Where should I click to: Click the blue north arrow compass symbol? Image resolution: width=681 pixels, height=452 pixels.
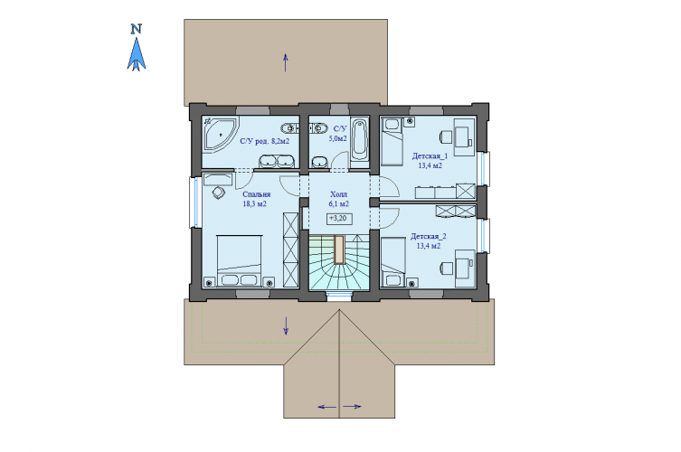click(x=137, y=54)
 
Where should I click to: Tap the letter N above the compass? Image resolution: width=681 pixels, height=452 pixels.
click(x=137, y=29)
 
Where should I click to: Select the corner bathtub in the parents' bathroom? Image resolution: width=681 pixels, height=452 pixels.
click(x=221, y=134)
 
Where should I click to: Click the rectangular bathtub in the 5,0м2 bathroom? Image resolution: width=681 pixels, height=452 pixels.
click(x=360, y=139)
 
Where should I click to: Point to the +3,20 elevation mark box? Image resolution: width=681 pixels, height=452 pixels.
click(x=339, y=219)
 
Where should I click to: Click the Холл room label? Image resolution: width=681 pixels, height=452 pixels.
click(x=339, y=194)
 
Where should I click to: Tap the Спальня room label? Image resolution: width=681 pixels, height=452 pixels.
click(x=256, y=194)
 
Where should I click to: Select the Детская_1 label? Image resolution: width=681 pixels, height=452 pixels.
click(x=430, y=155)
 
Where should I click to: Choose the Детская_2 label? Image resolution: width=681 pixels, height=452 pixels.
click(x=429, y=236)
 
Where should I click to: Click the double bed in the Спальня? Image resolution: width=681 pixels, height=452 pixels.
click(x=240, y=261)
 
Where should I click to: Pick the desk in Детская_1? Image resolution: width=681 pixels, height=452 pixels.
click(x=464, y=137)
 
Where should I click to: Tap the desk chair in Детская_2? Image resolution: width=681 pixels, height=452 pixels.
click(x=446, y=268)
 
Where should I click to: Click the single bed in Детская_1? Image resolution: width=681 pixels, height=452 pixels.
click(x=393, y=142)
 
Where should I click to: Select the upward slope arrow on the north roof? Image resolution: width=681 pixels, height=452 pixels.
click(x=286, y=62)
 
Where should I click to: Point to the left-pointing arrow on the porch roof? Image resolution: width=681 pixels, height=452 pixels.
click(x=327, y=407)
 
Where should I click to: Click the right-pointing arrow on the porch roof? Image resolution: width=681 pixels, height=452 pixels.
click(x=352, y=407)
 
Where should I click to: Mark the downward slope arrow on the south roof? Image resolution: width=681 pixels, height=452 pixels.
click(x=286, y=325)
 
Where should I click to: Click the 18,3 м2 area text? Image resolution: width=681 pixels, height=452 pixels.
click(x=254, y=203)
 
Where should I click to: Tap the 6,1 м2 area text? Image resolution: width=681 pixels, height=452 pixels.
click(x=339, y=203)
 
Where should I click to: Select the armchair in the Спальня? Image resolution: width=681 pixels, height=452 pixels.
click(x=219, y=193)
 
